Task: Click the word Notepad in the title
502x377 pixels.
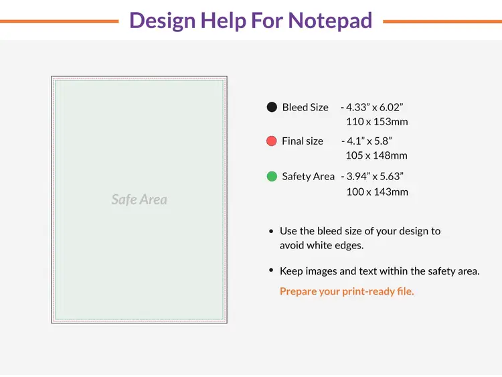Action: pos(330,21)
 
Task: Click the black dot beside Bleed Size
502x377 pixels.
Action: pos(272,107)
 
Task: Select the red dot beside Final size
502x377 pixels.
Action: pos(272,141)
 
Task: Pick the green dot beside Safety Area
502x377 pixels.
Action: pos(272,177)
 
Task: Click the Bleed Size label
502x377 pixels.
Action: pos(305,107)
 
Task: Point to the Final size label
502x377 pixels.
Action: pos(303,141)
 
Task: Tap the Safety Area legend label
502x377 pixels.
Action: pos(308,177)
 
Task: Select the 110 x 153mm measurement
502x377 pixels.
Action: pos(377,122)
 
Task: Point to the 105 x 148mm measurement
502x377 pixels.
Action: pos(376,156)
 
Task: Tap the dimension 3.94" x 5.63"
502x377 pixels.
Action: pos(375,177)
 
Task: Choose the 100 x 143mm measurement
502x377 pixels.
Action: pos(377,192)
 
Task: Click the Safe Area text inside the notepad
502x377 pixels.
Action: pos(139,200)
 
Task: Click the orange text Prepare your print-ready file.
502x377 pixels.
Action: pos(347,291)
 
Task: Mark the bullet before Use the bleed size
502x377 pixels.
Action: pos(271,231)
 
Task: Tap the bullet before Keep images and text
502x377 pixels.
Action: pos(271,271)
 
